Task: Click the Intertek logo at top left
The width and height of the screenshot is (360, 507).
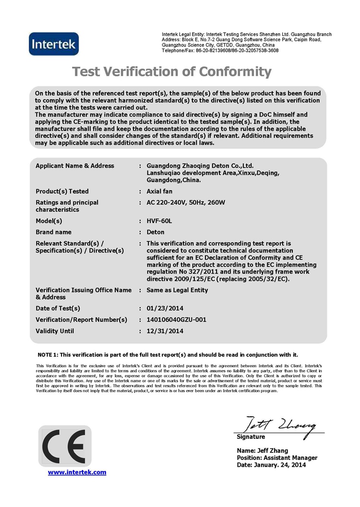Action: pyautogui.click(x=54, y=44)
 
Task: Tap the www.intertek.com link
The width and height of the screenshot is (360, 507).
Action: pyautogui.click(x=77, y=472)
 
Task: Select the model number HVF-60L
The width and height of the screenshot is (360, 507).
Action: pyautogui.click(x=159, y=221)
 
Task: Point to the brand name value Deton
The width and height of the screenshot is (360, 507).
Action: pyautogui.click(x=156, y=232)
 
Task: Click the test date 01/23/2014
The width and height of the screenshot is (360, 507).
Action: pyautogui.click(x=165, y=308)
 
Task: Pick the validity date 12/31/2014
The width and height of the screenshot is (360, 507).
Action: pyautogui.click(x=165, y=331)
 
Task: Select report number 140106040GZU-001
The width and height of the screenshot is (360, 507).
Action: pyautogui.click(x=176, y=320)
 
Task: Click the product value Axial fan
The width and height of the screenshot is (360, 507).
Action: pyautogui.click(x=159, y=192)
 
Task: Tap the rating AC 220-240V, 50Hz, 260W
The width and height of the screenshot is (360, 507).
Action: pyautogui.click(x=186, y=203)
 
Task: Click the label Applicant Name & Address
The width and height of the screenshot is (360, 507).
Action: pyautogui.click(x=75, y=166)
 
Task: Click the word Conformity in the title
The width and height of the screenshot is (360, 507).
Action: pyautogui.click(x=235, y=72)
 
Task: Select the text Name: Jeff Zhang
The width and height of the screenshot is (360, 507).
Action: pyautogui.click(x=263, y=450)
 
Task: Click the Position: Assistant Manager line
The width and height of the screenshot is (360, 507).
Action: pyautogui.click(x=277, y=458)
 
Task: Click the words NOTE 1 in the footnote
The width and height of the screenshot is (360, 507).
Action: pyautogui.click(x=48, y=355)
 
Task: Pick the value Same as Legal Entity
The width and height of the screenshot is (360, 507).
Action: pyautogui.click(x=177, y=290)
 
